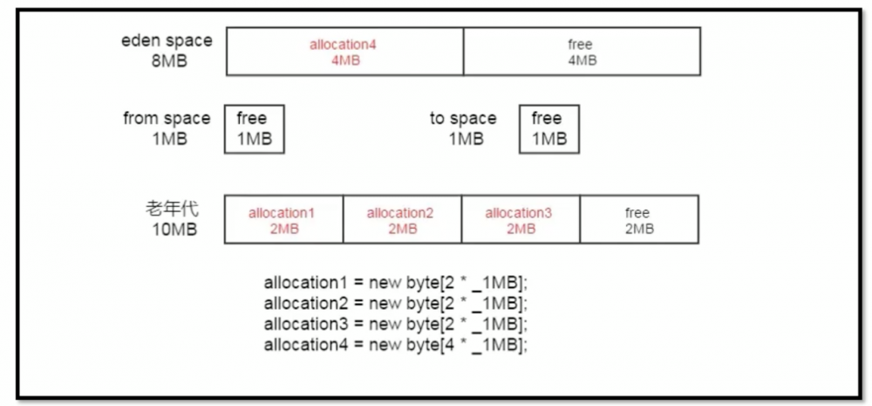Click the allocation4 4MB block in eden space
click(344, 52)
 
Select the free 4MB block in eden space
click(581, 52)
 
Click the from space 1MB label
click(167, 128)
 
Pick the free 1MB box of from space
click(254, 129)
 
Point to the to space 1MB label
click(463, 128)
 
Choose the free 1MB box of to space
click(548, 129)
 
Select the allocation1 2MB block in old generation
click(283, 220)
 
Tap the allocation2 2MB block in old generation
click(401, 220)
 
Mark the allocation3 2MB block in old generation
click(520, 220)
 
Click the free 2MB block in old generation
click(638, 220)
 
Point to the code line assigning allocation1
click(396, 284)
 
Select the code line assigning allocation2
click(396, 304)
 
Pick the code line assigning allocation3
click(396, 324)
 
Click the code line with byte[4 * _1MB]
click(396, 344)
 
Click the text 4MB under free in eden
click(581, 60)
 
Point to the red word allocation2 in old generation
click(400, 212)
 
